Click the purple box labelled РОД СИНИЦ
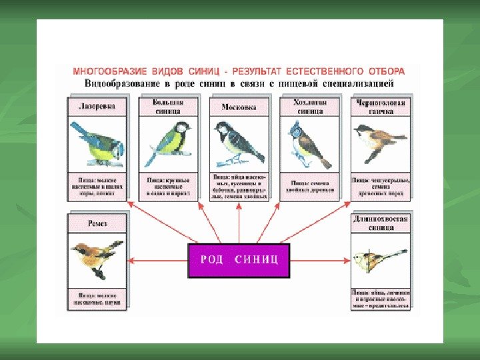[239, 260]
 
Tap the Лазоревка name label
[97, 106]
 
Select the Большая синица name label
[167, 107]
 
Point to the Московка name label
[238, 106]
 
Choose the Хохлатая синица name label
[309, 107]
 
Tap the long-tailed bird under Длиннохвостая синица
[377, 260]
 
